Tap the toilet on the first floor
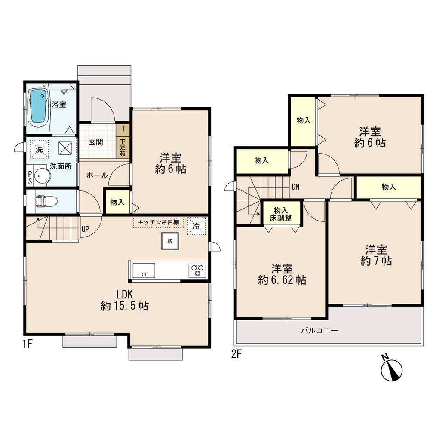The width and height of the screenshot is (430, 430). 42,201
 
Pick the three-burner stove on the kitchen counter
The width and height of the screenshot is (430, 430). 197,270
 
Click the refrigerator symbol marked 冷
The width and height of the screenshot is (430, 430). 196,226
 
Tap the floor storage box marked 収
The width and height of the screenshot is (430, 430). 170,241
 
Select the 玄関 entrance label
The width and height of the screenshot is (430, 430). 96,142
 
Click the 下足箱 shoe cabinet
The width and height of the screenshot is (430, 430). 123,147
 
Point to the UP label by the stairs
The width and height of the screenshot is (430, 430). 85,229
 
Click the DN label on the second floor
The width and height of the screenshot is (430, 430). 295,187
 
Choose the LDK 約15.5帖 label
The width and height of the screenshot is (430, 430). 125,300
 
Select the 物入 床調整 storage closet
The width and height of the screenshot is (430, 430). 281,214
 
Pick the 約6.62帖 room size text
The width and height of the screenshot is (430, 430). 282,280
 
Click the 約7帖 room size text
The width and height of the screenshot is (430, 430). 376,261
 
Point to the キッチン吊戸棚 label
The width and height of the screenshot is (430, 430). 159,222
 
